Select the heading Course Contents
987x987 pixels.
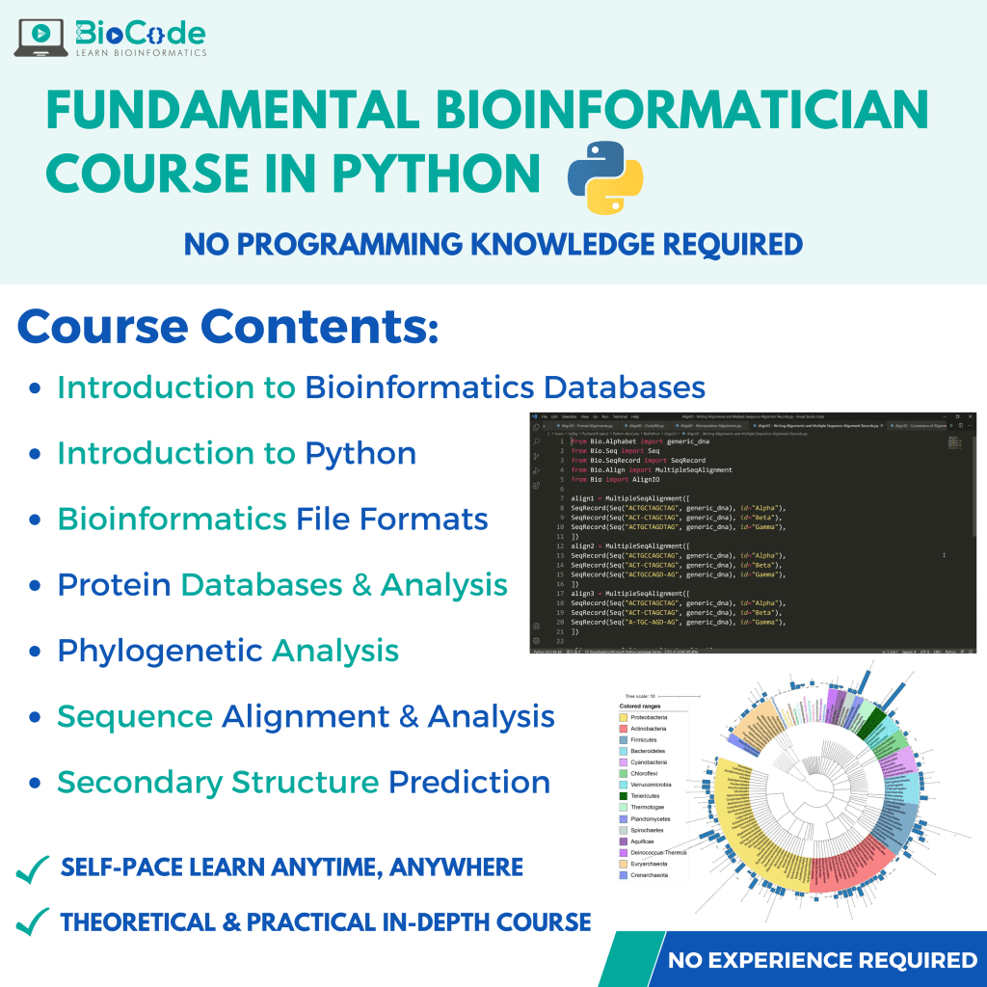pyautogui.click(x=227, y=327)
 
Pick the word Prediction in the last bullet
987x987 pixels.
pyautogui.click(x=469, y=782)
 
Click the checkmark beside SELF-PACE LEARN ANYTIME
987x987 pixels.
pyautogui.click(x=33, y=869)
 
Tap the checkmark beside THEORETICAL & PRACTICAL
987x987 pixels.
pyautogui.click(x=33, y=922)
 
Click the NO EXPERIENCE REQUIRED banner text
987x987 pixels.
pyautogui.click(x=822, y=960)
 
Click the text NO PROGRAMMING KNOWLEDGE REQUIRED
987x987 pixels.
pyautogui.click(x=493, y=244)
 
